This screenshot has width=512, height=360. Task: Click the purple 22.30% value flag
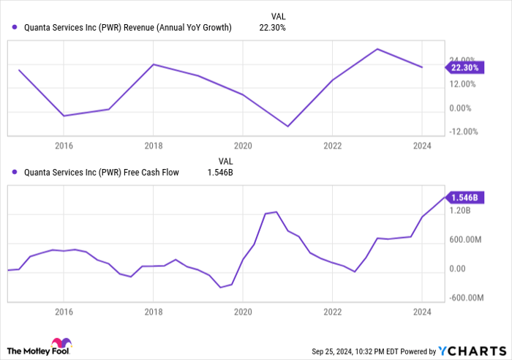click(463, 67)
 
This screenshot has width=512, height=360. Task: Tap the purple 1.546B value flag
click(463, 198)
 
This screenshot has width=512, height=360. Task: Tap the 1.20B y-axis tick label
click(461, 210)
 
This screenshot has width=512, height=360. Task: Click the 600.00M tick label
click(465, 239)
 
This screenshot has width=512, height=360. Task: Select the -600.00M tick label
click(467, 298)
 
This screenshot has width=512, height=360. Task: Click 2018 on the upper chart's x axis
click(153, 145)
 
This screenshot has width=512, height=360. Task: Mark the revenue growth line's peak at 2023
click(377, 49)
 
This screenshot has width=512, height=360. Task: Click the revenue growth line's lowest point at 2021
click(287, 126)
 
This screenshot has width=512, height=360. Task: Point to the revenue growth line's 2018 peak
click(153, 64)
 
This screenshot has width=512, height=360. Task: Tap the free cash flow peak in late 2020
click(276, 211)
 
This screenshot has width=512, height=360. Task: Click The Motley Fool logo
click(40, 346)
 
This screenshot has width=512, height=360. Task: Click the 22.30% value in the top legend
click(272, 28)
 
